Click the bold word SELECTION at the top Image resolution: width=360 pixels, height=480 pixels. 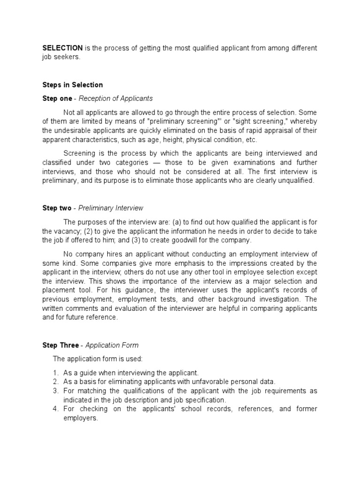63,48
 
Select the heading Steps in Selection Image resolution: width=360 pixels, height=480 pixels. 73,85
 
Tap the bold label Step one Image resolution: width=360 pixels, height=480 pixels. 57,98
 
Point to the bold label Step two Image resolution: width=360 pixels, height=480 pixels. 57,208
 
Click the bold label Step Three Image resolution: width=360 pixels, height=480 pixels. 60,345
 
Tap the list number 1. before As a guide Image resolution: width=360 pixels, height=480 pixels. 55,373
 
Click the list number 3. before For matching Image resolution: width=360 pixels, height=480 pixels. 55,391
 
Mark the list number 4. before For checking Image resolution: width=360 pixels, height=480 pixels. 55,409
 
